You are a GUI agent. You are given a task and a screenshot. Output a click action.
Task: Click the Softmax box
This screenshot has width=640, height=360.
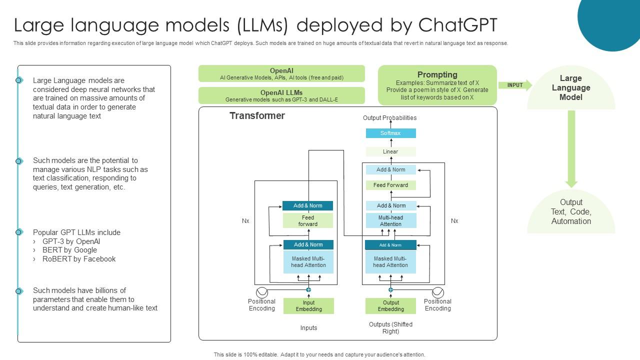390,133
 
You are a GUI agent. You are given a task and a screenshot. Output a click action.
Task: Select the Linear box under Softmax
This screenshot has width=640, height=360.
390,151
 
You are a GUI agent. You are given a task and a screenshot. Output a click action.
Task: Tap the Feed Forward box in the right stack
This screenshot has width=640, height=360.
390,185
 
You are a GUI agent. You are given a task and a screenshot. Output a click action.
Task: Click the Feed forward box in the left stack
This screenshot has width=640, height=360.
308,221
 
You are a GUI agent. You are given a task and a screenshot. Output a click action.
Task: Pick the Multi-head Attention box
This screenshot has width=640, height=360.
390,221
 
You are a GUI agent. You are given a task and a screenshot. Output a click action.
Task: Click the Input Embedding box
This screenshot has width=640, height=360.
308,306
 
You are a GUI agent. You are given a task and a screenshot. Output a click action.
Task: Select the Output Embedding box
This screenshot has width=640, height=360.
390,306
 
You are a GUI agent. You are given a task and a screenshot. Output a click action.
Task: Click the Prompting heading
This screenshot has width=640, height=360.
437,74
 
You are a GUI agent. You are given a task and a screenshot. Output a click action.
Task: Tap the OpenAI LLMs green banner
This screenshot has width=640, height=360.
281,95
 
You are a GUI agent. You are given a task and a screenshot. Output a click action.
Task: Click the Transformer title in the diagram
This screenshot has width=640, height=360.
257,116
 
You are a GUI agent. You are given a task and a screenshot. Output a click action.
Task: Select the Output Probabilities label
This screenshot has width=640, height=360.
389,118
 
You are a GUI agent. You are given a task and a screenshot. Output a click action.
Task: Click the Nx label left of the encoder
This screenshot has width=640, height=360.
245,221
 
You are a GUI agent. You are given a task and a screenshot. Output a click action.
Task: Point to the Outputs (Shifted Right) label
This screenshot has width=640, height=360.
390,328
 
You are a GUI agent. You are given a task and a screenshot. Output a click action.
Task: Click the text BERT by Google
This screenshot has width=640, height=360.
69,250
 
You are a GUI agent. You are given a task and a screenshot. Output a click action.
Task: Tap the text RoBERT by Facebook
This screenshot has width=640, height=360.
79,259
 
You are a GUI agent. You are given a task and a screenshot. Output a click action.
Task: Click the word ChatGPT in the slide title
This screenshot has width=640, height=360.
457,24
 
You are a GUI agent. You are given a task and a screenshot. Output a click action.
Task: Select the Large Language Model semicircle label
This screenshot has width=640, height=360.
571,88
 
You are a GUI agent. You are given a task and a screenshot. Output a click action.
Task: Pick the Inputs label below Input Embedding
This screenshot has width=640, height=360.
308,328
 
